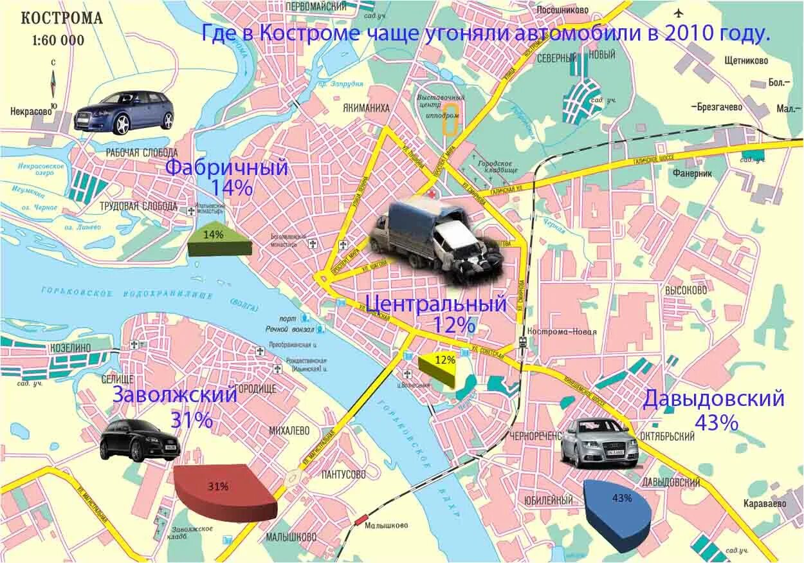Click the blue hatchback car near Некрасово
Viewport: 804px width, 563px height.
click(125, 111)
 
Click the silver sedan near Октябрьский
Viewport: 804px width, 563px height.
click(599, 442)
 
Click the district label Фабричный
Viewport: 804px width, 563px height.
click(226, 168)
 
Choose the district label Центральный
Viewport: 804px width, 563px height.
click(436, 302)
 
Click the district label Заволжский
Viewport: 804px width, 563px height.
click(175, 394)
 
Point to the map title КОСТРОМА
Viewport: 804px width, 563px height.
click(62, 18)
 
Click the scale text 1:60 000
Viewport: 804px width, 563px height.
click(58, 40)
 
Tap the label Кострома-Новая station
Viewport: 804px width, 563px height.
click(562, 332)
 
